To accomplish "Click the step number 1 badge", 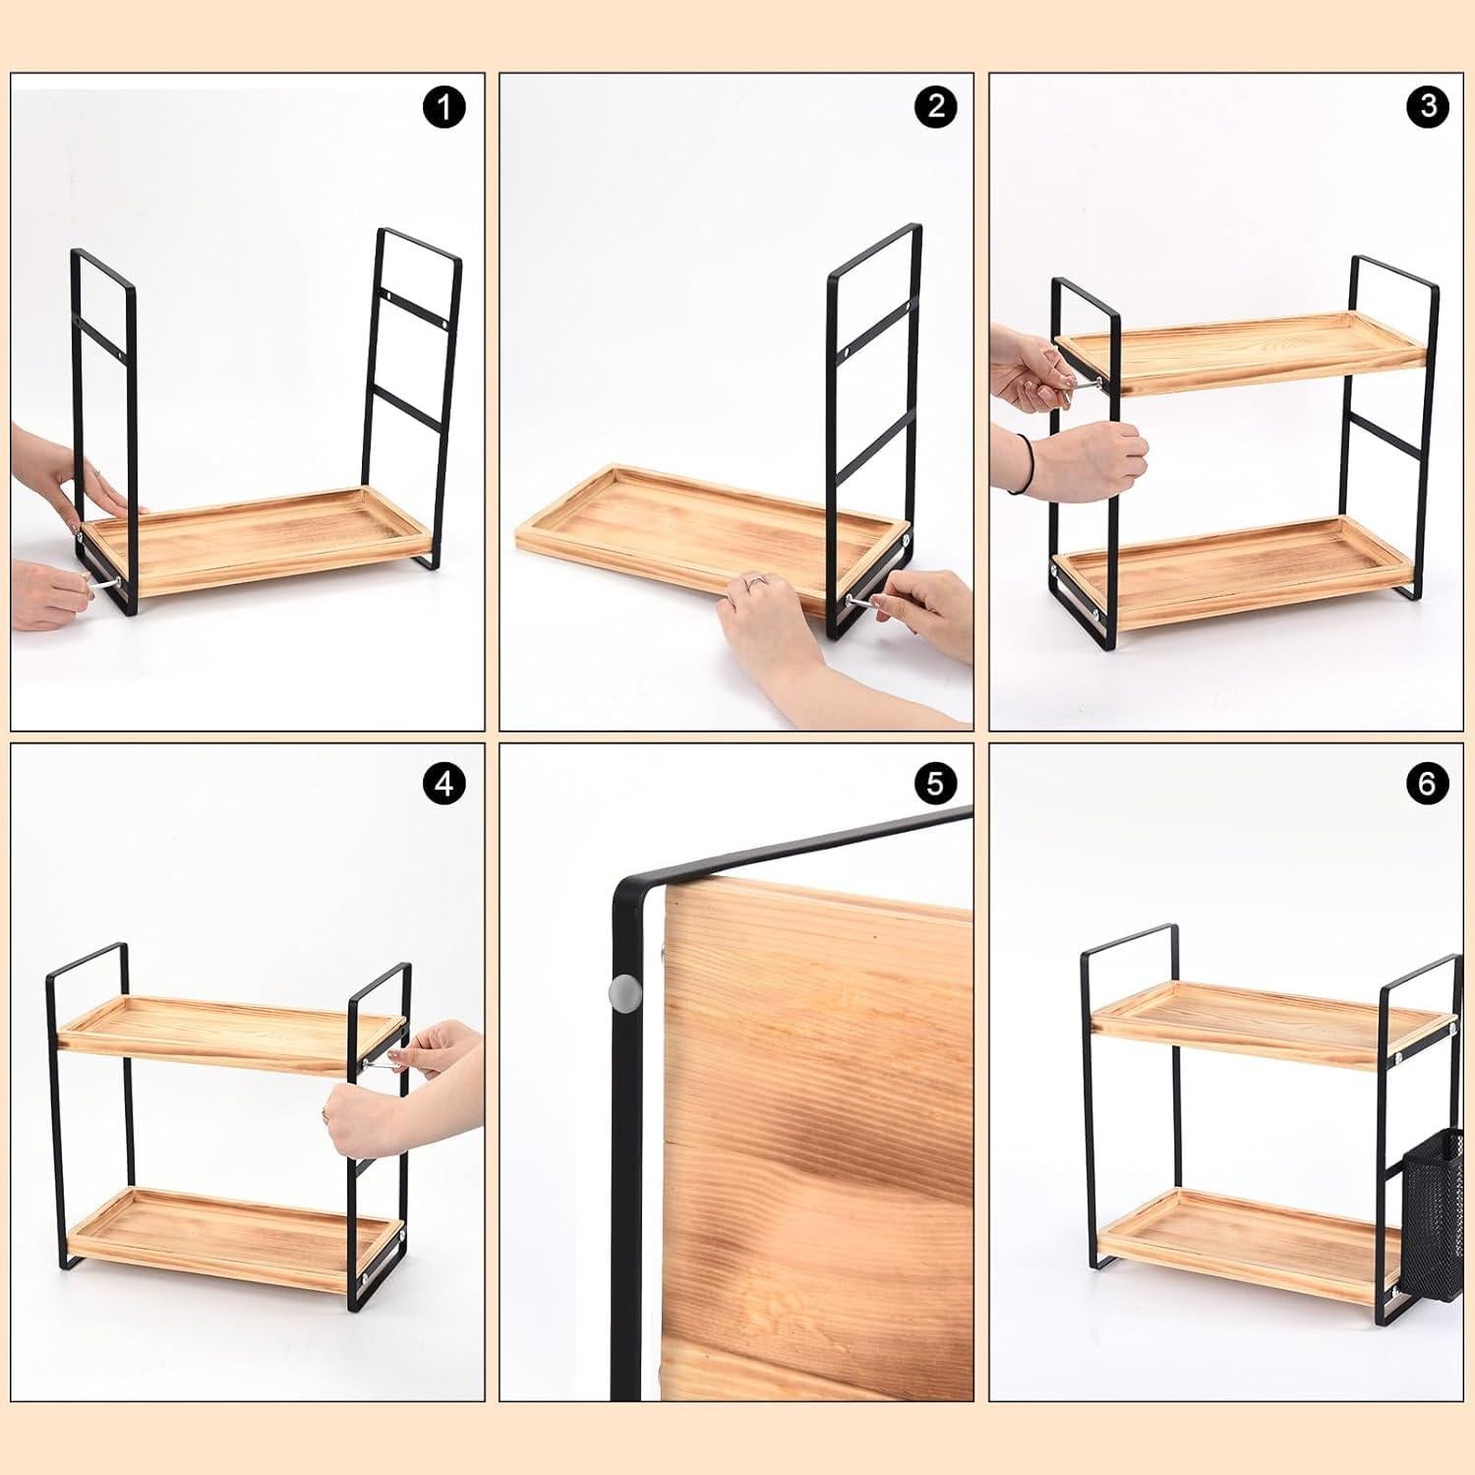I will click(x=444, y=106).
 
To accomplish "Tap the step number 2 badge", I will click(x=934, y=106).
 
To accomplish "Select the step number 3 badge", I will click(x=1428, y=106).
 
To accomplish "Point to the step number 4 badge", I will click(x=444, y=784).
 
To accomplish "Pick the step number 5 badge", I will click(x=934, y=784).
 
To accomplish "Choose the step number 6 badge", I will click(x=1428, y=784).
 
